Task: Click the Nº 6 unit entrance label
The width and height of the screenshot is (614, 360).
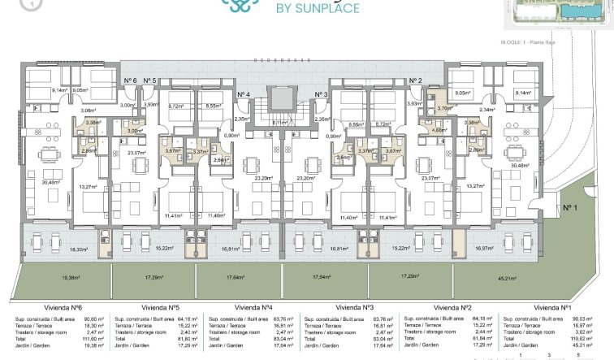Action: point(129,80)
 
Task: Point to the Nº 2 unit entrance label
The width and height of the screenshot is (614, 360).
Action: point(415,80)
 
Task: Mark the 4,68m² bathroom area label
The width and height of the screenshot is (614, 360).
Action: point(439,129)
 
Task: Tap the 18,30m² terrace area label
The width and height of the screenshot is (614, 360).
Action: point(79,249)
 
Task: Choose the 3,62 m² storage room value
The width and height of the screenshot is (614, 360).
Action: point(585,332)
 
